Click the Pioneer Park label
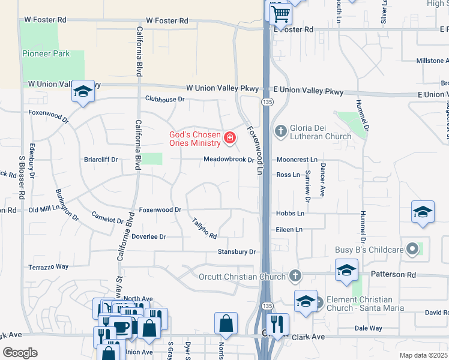coord(46,54)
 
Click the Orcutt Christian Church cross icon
coord(294,276)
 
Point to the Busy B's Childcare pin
coord(412,248)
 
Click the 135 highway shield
coord(265,103)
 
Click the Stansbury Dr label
coord(237,252)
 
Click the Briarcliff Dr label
coord(101,160)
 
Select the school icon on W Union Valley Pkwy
coord(83,91)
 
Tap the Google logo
coord(20,353)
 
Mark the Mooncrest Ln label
coord(297,160)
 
